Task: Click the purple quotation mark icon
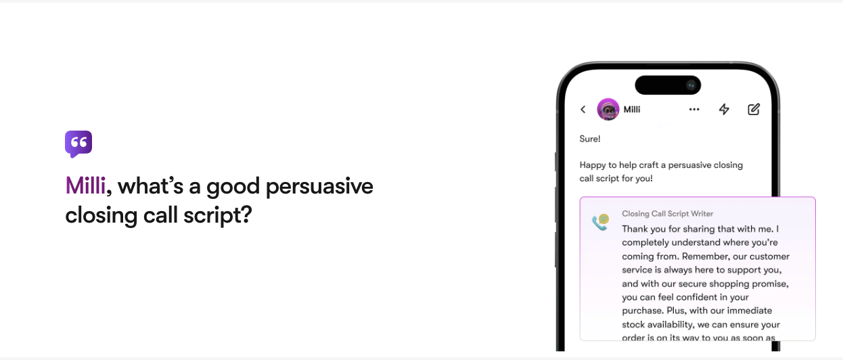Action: pos(78,143)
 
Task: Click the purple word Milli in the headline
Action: pos(85,186)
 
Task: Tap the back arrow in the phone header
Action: pos(583,109)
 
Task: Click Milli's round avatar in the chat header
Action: pos(608,109)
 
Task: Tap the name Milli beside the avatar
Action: pos(632,109)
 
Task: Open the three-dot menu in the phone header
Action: pos(694,109)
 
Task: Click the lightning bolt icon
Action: pos(724,109)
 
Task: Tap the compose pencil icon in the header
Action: pos(754,109)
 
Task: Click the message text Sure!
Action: pos(590,139)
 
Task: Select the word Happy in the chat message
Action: pos(593,165)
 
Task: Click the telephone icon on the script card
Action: pos(600,222)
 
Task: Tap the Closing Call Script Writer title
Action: pos(667,214)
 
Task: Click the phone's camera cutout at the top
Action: pos(668,85)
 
